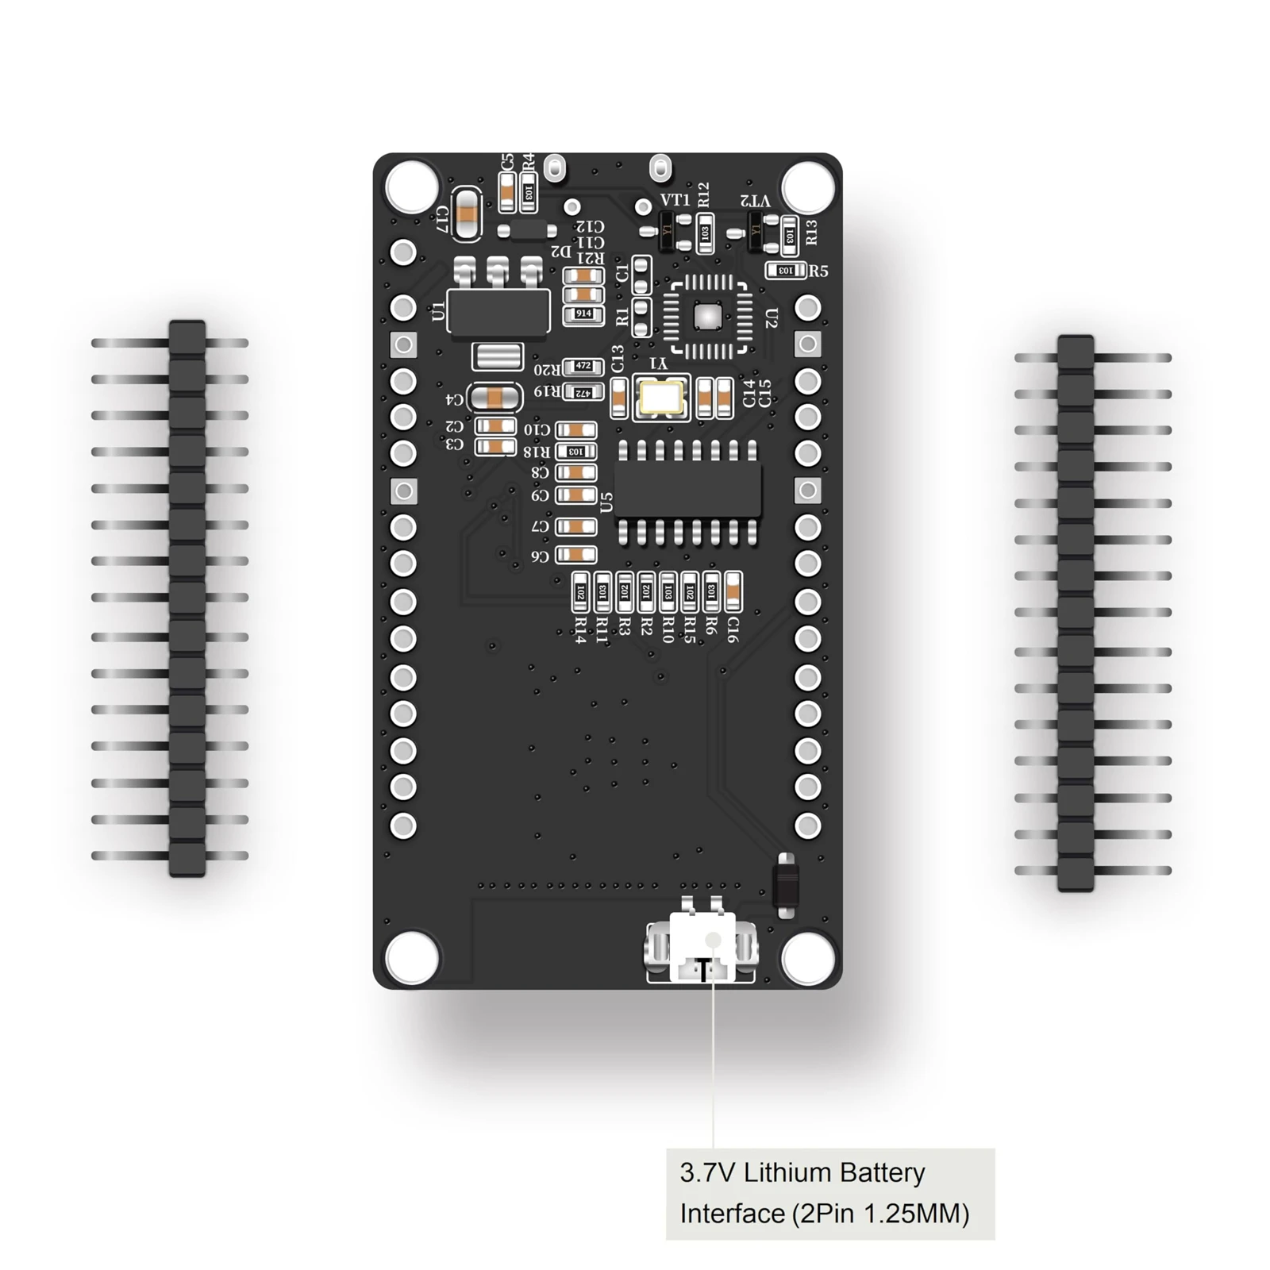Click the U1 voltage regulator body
(498, 310)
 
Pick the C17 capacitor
(468, 213)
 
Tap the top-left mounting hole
(411, 187)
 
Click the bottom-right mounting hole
(807, 957)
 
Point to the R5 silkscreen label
(818, 271)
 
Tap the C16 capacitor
(733, 592)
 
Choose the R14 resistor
(580, 592)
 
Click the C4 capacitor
(494, 398)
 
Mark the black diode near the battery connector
(786, 884)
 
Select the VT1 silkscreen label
(675, 200)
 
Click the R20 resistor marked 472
(583, 367)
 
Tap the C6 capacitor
(576, 555)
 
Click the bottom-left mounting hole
(411, 957)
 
